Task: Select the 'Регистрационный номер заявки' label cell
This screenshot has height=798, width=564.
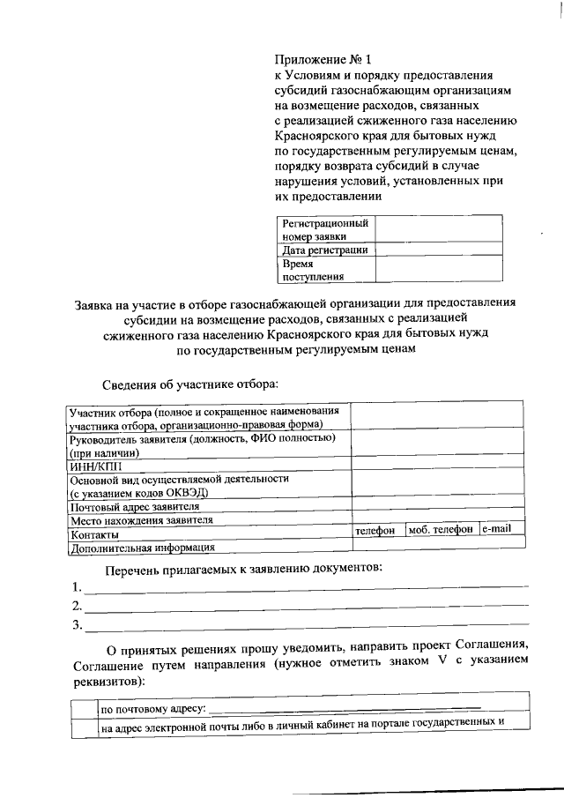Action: click(x=325, y=229)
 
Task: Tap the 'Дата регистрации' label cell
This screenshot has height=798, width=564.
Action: click(x=324, y=250)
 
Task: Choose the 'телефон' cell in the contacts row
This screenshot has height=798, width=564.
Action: click(x=377, y=531)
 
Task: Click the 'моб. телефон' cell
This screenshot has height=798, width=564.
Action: click(x=441, y=530)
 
